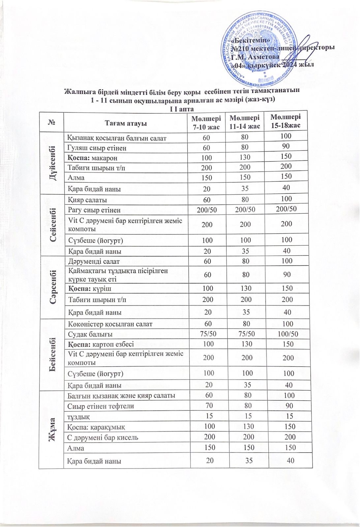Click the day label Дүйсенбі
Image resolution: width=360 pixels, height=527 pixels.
pyautogui.click(x=51, y=163)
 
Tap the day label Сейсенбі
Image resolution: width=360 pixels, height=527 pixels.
pyautogui.click(x=52, y=225)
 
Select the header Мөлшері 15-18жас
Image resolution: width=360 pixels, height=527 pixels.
pyautogui.click(x=285, y=121)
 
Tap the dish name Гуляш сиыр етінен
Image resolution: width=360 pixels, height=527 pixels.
pyautogui.click(x=97, y=148)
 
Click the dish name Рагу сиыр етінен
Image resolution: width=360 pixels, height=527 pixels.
pyautogui.click(x=94, y=210)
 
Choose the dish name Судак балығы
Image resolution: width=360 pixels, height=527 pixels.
pyautogui.click(x=90, y=334)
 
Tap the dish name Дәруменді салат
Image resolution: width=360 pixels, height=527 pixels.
pyautogui.click(x=94, y=262)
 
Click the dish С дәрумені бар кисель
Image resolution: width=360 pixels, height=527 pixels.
pyautogui.click(x=103, y=438)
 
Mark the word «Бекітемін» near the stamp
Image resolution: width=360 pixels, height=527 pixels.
pyautogui.click(x=251, y=40)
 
